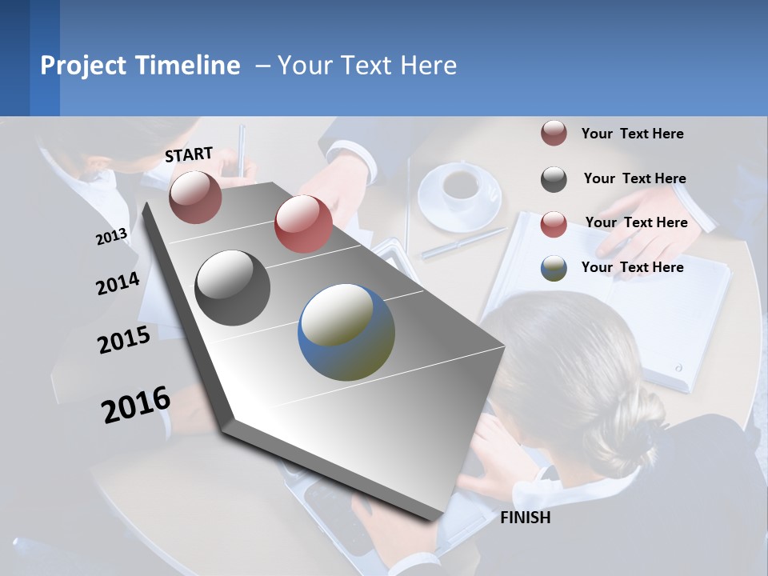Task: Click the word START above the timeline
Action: coord(189,154)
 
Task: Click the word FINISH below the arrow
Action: coord(525,518)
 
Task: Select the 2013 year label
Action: coord(111,236)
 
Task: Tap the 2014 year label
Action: coord(118,284)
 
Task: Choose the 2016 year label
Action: coord(136,405)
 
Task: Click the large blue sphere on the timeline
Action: coord(346,332)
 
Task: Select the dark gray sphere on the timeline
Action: coord(233,288)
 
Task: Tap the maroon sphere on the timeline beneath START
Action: coord(195,197)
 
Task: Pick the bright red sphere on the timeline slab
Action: coord(303,224)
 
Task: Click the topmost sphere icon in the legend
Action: coord(554,134)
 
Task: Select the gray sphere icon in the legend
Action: coord(554,179)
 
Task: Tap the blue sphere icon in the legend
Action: coord(554,268)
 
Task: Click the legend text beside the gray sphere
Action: coord(634,178)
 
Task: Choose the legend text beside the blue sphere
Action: coord(632,267)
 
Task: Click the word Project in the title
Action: coord(84,66)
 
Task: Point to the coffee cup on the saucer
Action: coord(460,186)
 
